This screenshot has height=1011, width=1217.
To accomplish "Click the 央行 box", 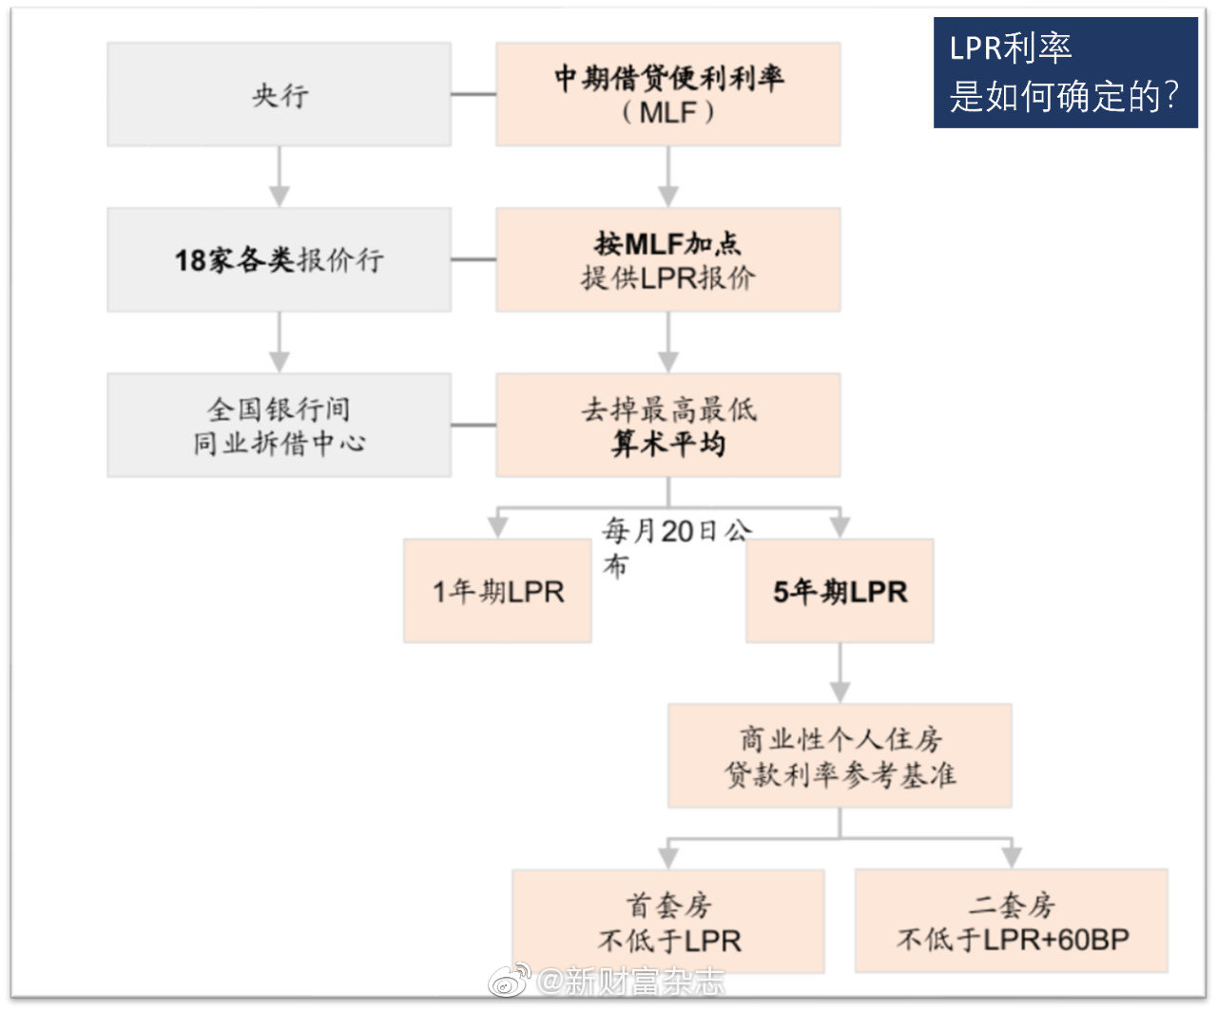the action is [279, 94].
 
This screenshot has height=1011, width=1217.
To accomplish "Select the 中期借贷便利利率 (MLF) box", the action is [668, 94].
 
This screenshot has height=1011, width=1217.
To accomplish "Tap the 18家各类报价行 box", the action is [279, 259].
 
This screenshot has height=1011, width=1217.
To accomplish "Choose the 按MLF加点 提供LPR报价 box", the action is [668, 259].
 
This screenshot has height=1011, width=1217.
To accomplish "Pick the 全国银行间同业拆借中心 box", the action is [279, 425].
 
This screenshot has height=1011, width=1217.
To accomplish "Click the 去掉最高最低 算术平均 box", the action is [668, 425].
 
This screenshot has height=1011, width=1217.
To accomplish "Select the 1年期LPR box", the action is [498, 590].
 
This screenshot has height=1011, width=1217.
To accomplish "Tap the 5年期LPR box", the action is [840, 590].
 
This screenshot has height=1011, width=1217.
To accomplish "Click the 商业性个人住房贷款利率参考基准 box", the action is [840, 755].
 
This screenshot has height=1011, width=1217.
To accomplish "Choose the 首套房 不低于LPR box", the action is [668, 922].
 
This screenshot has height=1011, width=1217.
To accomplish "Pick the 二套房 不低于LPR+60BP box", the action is [1012, 921].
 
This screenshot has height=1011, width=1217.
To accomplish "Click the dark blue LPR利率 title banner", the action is [1066, 72].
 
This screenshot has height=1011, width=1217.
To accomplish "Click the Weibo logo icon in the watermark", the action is [510, 981].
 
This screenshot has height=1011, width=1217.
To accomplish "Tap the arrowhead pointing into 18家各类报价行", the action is [280, 197].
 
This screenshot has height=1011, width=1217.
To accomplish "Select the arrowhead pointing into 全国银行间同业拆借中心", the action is [280, 362].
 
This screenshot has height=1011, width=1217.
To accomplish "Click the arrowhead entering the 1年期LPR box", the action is [498, 527].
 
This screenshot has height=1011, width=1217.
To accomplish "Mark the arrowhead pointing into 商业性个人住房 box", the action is [840, 693].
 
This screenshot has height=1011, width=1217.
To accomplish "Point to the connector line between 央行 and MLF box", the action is [473, 94].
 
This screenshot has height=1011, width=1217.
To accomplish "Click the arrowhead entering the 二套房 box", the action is [1012, 858].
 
